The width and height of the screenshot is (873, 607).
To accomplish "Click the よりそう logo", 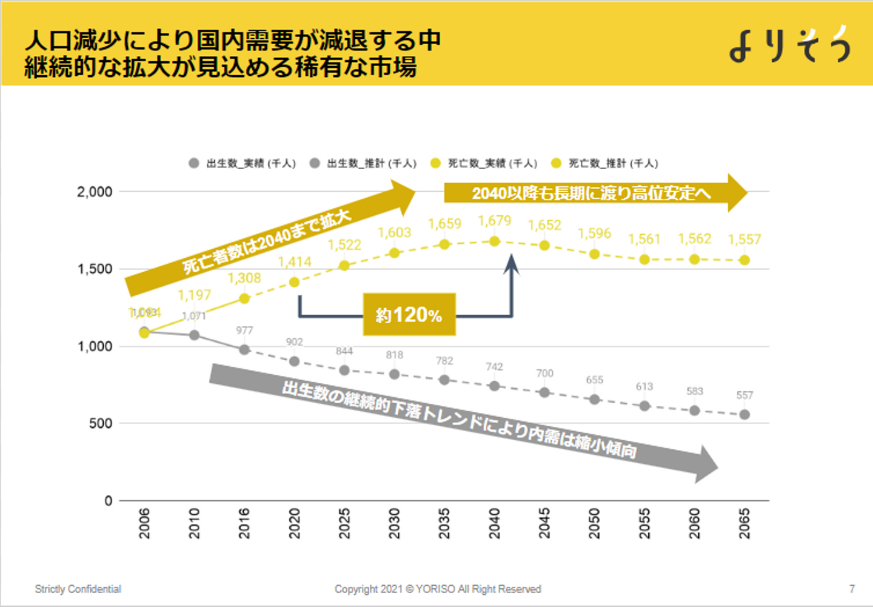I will click(x=790, y=44).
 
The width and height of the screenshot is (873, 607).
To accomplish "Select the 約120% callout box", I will click(x=409, y=315).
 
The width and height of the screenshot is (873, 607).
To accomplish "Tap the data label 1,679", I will click(x=495, y=221).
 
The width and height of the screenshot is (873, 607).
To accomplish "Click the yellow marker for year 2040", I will click(x=495, y=241).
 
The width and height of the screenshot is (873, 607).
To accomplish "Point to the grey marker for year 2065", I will click(x=744, y=415).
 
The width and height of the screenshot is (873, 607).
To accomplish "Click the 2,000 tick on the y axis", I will click(x=95, y=192).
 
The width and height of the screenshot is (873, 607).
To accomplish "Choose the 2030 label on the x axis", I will click(x=395, y=523).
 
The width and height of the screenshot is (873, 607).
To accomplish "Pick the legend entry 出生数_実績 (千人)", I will click(x=242, y=164).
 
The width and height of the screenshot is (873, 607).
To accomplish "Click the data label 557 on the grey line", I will click(x=744, y=395).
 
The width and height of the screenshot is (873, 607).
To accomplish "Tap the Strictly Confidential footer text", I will click(x=78, y=589).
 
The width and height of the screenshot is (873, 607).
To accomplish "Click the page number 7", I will click(x=852, y=589).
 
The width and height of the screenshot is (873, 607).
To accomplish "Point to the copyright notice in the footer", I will click(x=438, y=589).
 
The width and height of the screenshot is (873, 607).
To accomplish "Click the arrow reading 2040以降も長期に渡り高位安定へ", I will click(x=594, y=193).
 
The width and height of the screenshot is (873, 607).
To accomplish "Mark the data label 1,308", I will click(x=244, y=278).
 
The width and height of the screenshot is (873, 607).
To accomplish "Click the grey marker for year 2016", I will click(x=244, y=350).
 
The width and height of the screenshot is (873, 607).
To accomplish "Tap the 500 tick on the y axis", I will click(x=101, y=424).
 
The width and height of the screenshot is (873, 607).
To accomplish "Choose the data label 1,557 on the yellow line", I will click(x=744, y=240).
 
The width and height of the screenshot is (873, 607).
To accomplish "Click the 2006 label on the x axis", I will click(x=144, y=523).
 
